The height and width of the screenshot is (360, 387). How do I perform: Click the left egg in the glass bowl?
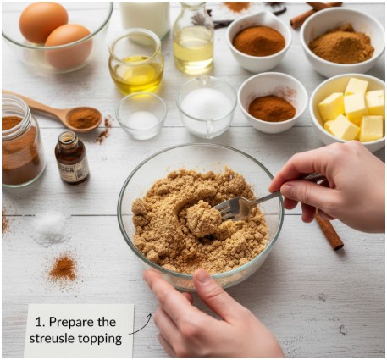pyautogui.click(x=43, y=22)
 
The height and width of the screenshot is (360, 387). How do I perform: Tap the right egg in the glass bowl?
pyautogui.click(x=69, y=46)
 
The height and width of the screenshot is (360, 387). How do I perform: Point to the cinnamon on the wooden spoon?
pyautogui.click(x=84, y=118)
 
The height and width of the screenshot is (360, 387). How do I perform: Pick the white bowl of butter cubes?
pyautogui.click(x=348, y=112)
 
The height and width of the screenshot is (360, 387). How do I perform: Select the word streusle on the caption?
pyautogui.click(x=52, y=339)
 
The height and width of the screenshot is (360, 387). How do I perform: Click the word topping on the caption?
pyautogui.click(x=100, y=339)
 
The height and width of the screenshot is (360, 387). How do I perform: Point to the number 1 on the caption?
pyautogui.click(x=39, y=322)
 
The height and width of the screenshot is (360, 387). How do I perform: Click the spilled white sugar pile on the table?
pyautogui.click(x=50, y=226)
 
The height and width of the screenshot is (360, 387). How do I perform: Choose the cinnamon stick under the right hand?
pyautogui.click(x=329, y=231)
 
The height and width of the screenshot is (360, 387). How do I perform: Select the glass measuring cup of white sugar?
pyautogui.click(x=207, y=108)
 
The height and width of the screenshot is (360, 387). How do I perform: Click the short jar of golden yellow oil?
pyautogui.click(x=135, y=62)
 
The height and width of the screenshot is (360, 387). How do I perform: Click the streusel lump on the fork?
pyautogui.click(x=203, y=218)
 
